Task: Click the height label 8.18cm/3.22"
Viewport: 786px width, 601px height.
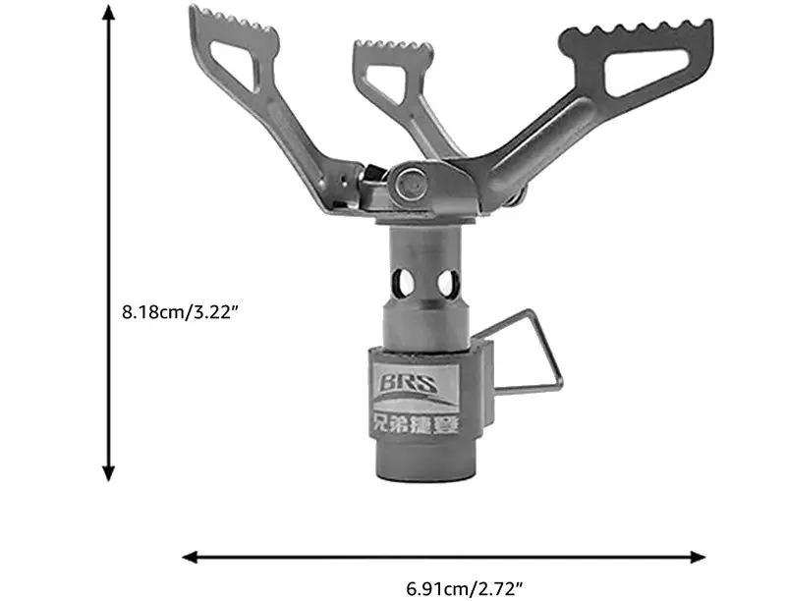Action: tap(181, 311)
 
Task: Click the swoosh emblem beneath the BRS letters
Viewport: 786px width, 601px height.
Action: tap(420, 401)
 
